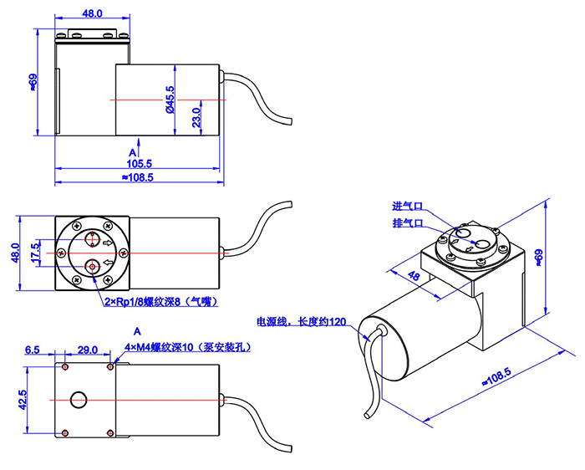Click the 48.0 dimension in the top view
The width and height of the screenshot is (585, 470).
[92, 14]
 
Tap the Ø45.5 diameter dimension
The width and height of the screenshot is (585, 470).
[170, 100]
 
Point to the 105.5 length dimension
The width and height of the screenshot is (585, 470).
[138, 163]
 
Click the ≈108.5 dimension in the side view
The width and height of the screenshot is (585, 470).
[138, 177]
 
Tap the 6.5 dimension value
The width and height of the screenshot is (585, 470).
[33, 349]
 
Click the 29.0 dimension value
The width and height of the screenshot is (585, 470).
[87, 349]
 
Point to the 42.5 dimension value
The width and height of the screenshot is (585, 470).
[23, 399]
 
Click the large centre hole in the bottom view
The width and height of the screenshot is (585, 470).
[79, 399]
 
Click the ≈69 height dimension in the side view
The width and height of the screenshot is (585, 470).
[33, 81]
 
